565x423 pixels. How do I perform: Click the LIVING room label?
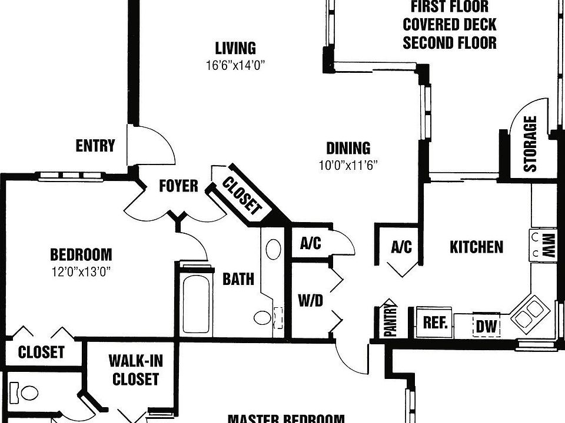[x=235, y=48]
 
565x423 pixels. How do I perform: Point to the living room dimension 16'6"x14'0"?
[x=235, y=65]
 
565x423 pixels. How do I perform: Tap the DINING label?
[x=348, y=147]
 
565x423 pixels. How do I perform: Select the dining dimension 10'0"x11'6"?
[x=348, y=165]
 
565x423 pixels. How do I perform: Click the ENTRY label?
[x=95, y=146]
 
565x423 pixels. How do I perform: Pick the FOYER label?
[x=178, y=186]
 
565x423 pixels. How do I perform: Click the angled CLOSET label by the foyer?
[x=241, y=195]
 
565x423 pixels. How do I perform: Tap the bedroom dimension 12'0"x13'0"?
[x=81, y=271]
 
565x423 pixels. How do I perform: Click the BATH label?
[x=238, y=278]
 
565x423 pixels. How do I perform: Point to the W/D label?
[x=310, y=301]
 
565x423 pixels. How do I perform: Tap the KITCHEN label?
[x=476, y=247]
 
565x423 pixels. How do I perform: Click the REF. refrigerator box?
[x=436, y=323]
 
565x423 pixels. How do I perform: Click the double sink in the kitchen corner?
[x=527, y=312]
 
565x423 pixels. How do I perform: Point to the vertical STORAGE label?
[x=530, y=144]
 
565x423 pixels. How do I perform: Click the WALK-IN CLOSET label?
[x=135, y=370]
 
